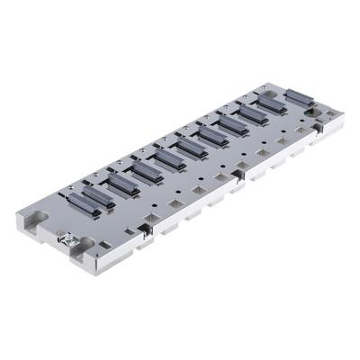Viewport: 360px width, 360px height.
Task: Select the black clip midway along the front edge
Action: tap(236, 170)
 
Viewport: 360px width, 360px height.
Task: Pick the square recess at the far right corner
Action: tap(329, 115)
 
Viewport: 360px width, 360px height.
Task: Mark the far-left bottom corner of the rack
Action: tap(19, 225)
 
